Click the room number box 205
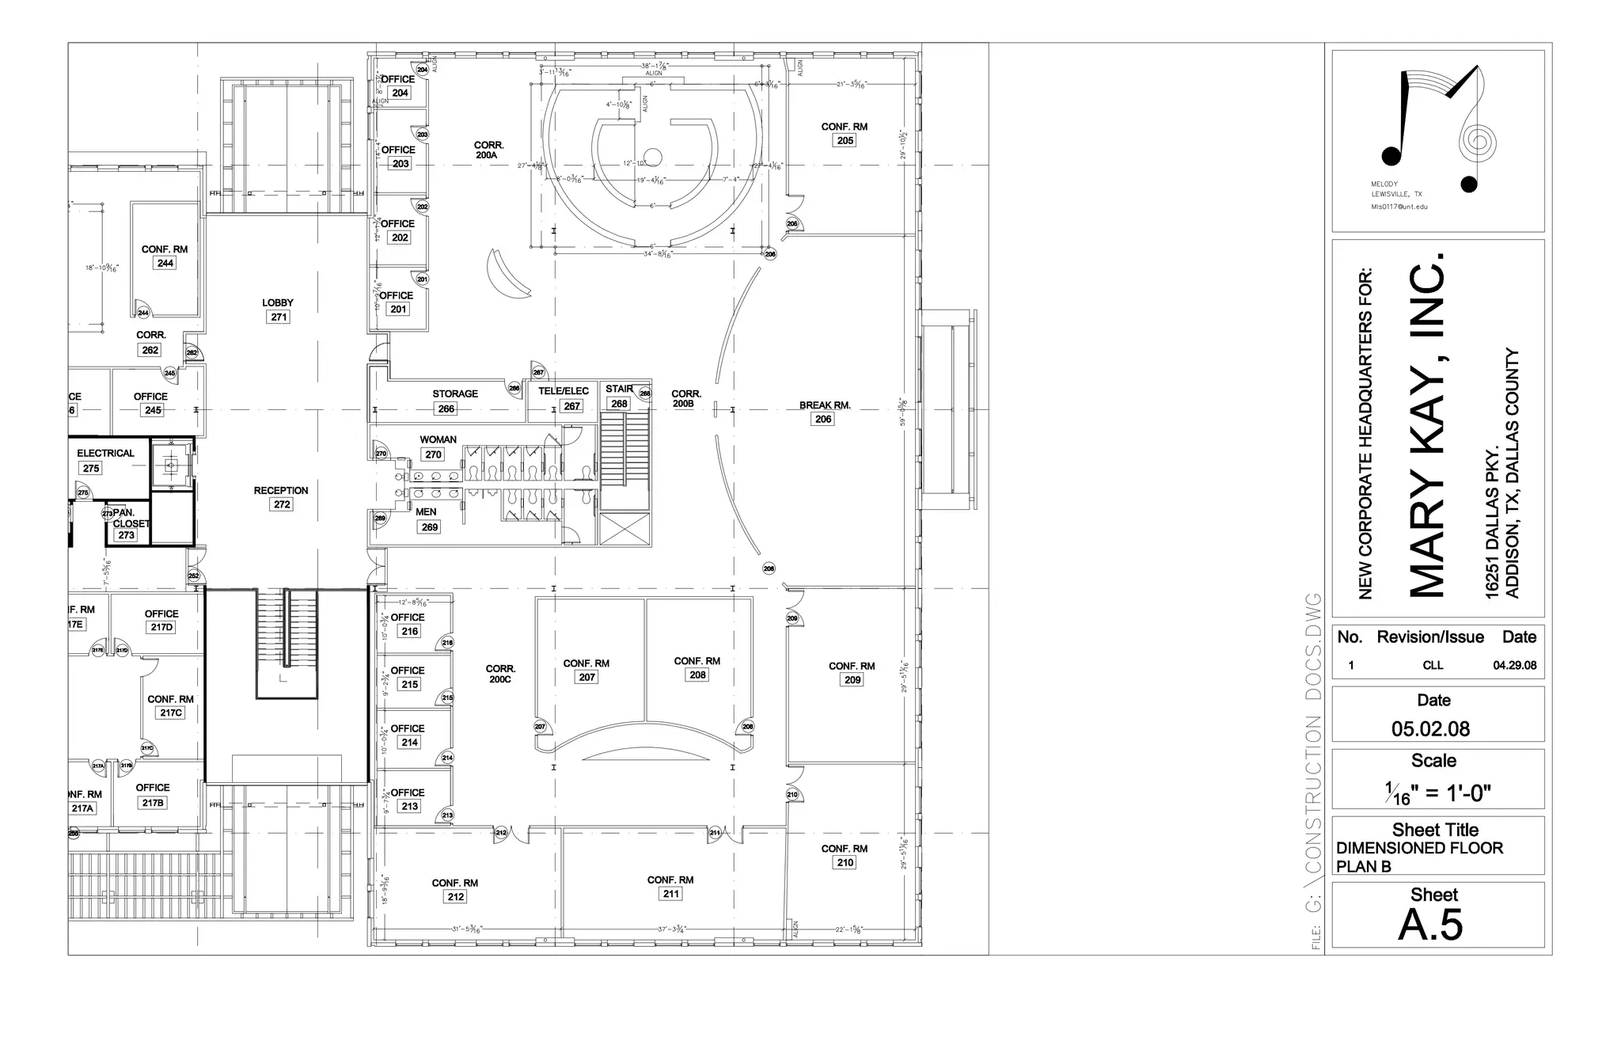pos(845,141)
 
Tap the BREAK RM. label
pos(825,405)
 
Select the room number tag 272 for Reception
pos(282,504)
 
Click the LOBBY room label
pos(278,302)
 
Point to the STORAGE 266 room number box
pos(446,409)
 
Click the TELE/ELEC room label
pos(564,391)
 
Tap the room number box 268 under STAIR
pos(619,404)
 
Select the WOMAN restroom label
pos(438,439)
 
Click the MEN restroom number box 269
pos(429,527)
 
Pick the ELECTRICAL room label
pos(105,454)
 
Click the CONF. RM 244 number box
pos(165,264)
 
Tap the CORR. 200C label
pos(500,674)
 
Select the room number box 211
pos(670,894)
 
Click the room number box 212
pos(455,897)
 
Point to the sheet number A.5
pos(1430,925)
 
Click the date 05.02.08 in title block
pos(1430,729)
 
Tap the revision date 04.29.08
pos(1514,666)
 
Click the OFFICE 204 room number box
pos(400,93)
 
